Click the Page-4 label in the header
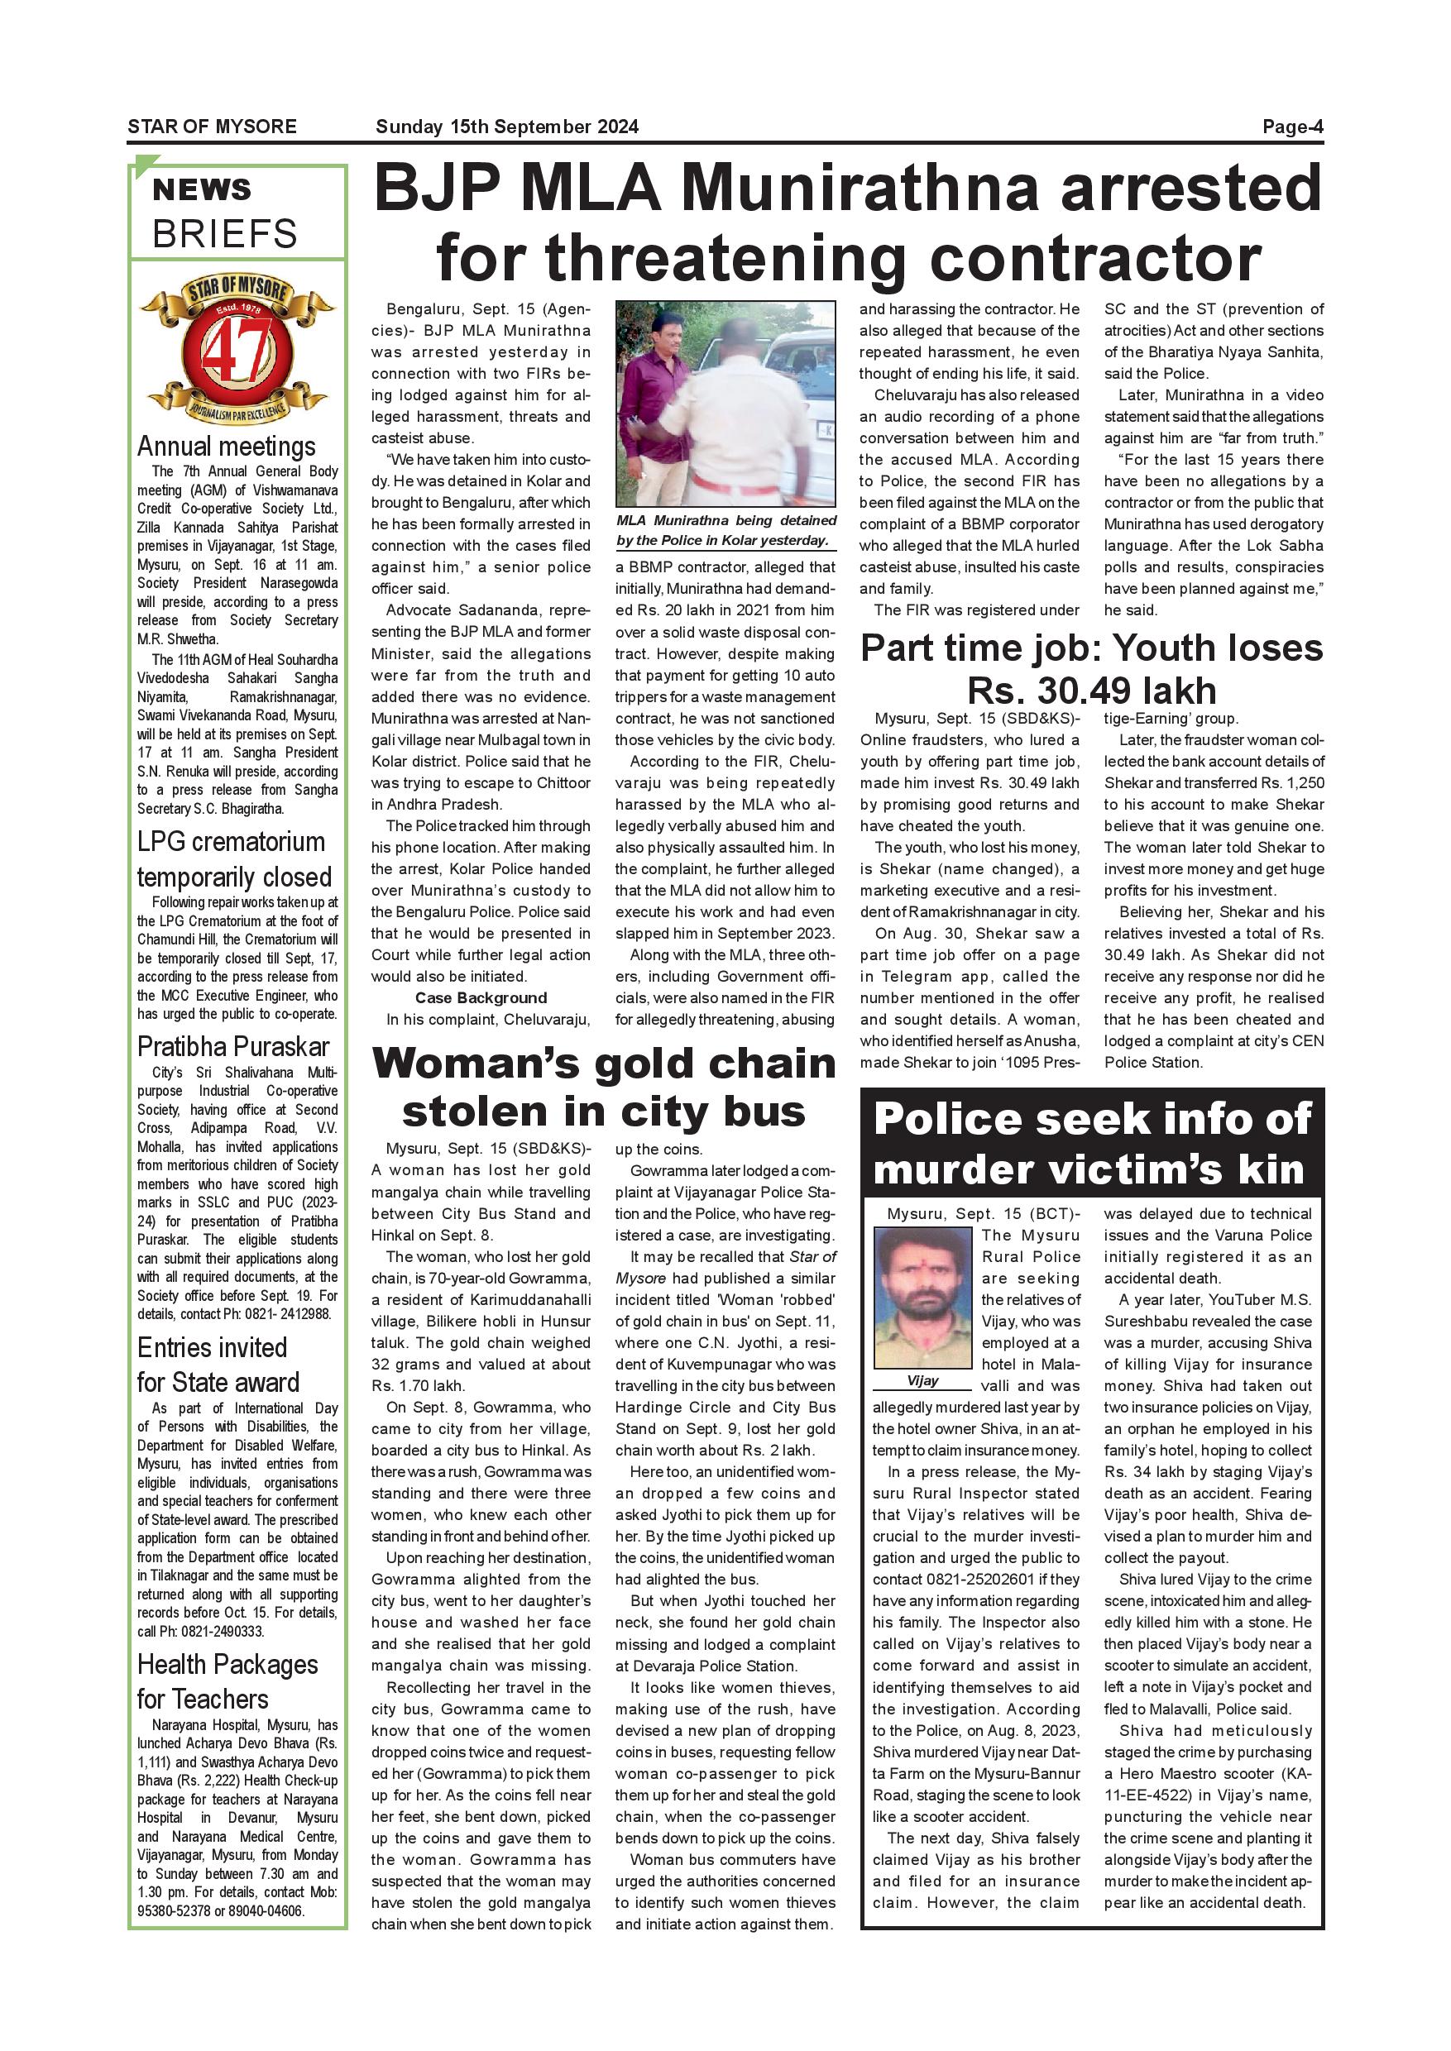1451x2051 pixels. (x=1291, y=127)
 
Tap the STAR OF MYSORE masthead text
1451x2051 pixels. (x=212, y=127)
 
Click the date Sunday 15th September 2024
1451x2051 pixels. (x=506, y=127)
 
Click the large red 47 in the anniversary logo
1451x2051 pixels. (x=237, y=351)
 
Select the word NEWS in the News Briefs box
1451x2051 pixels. (x=202, y=189)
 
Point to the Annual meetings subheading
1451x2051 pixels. (x=226, y=446)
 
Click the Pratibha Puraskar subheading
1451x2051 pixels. (x=233, y=1046)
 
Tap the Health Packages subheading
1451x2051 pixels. (x=227, y=1665)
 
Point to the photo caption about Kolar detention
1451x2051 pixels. (x=725, y=531)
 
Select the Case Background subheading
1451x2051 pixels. (x=481, y=998)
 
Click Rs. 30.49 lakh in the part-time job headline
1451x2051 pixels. (x=1091, y=691)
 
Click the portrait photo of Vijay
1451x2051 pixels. (x=922, y=1297)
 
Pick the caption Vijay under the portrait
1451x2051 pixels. (x=922, y=1380)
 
